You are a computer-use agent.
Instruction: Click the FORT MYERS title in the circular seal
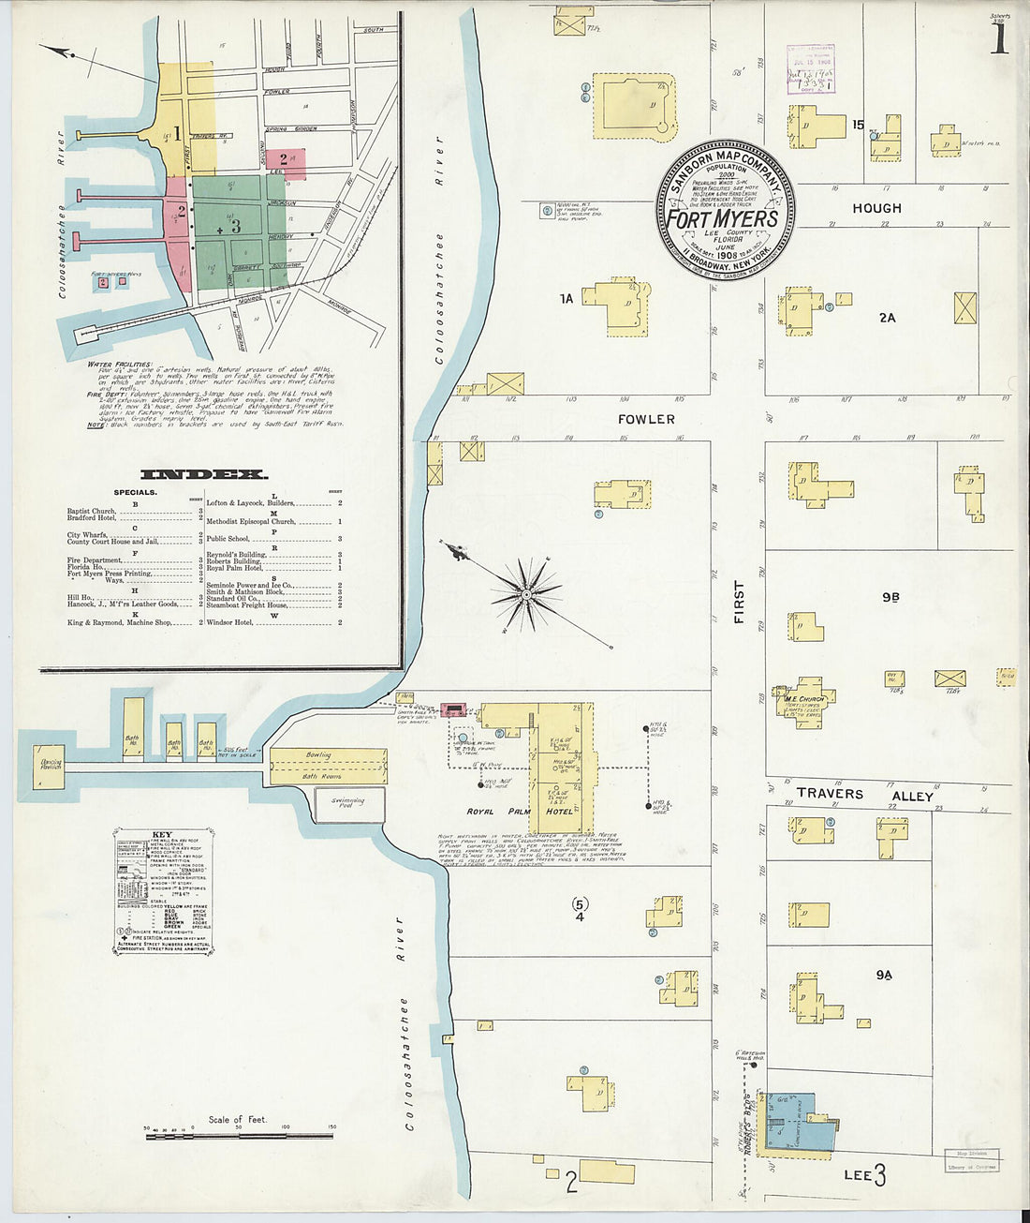[721, 218]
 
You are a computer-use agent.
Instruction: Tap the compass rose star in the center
[526, 593]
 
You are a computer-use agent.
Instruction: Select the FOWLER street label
[646, 419]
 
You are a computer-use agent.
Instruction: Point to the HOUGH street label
[876, 208]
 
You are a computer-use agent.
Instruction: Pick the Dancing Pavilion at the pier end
[51, 766]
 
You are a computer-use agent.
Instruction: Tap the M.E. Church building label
[804, 699]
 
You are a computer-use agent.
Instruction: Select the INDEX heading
[204, 475]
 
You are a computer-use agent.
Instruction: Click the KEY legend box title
[161, 834]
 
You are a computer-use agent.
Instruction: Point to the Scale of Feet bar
[238, 1135]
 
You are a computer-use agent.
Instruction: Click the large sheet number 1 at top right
[999, 38]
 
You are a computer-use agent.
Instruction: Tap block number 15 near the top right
[858, 124]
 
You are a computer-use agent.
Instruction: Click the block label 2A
[887, 318]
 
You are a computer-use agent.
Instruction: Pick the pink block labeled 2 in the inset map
[286, 162]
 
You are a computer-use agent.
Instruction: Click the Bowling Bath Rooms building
[328, 766]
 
